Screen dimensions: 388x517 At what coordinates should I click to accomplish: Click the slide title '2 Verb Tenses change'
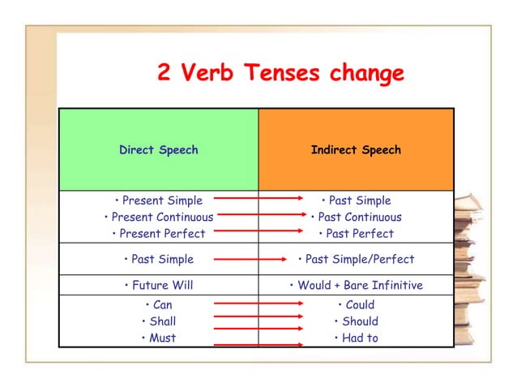[x=279, y=74]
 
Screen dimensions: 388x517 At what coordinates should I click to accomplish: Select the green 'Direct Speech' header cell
[x=159, y=150]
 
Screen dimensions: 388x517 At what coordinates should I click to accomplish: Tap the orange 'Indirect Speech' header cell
[x=356, y=150]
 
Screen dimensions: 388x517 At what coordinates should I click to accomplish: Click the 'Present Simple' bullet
[x=162, y=200]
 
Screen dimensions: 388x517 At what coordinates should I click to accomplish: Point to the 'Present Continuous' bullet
[x=162, y=217]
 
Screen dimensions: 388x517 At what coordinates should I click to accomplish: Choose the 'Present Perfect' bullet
[x=162, y=234]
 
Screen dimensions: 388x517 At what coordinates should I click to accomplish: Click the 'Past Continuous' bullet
[x=359, y=217]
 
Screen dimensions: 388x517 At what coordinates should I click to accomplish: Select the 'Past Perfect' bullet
[x=359, y=234]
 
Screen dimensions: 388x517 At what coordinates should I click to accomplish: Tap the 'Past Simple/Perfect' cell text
[x=359, y=260]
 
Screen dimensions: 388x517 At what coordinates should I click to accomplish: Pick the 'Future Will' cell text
[x=162, y=286]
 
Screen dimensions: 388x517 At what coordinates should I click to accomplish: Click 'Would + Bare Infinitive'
[x=359, y=286]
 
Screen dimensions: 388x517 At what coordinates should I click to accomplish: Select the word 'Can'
[x=162, y=305]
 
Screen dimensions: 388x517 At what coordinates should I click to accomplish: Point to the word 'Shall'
[x=162, y=321]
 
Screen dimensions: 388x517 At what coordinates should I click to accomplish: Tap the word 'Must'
[x=162, y=338]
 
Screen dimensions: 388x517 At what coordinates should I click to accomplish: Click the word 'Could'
[x=360, y=305]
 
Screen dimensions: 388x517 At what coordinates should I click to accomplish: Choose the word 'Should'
[x=360, y=321]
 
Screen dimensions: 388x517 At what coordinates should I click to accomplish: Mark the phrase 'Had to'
[x=360, y=338]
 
